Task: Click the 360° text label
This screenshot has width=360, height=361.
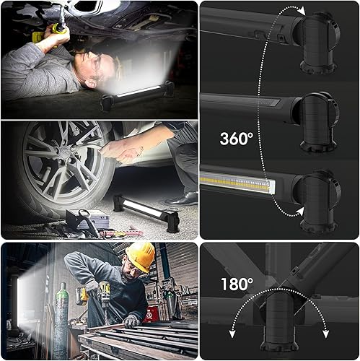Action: tap(237, 139)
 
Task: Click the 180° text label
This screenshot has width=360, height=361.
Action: tap(237, 284)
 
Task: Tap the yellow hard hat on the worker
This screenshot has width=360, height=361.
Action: tap(140, 256)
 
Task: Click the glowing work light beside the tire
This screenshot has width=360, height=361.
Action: tap(146, 212)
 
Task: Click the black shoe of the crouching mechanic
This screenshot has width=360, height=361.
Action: tap(182, 199)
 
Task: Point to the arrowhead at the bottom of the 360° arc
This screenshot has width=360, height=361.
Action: tap(299, 212)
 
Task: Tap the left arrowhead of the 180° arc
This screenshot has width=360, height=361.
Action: tap(232, 334)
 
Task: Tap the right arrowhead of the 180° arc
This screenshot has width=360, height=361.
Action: tap(325, 334)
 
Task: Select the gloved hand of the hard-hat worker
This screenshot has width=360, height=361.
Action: tap(131, 321)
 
